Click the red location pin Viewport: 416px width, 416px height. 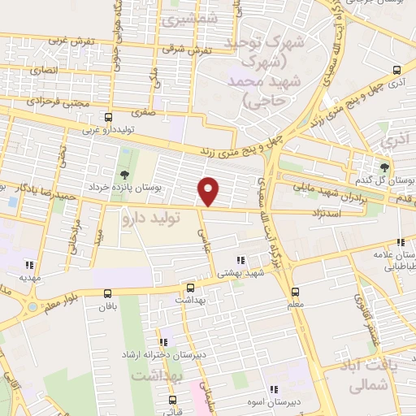click(209, 191)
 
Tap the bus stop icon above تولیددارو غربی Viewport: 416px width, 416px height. click(109, 119)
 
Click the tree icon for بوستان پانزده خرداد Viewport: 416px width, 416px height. click(123, 175)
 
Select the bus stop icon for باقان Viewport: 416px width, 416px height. click(108, 293)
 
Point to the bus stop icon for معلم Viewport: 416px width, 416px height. click(294, 292)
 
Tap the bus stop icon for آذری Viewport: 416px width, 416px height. click(396, 70)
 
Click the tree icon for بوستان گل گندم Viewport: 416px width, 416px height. click(385, 167)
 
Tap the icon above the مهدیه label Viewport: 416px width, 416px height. click(29, 264)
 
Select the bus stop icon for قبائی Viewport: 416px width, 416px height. click(172, 400)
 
